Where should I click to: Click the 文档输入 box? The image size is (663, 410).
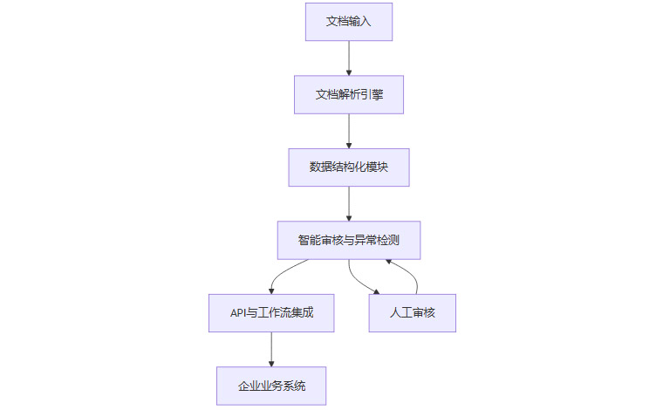click(349, 21)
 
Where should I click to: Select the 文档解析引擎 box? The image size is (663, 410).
click(349, 93)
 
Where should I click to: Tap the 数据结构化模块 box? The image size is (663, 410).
click(349, 167)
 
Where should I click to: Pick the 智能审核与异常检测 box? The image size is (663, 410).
click(349, 240)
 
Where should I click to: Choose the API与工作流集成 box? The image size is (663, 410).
click(271, 312)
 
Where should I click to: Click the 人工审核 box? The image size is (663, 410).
click(413, 312)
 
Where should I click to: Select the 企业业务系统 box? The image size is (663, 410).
click(271, 386)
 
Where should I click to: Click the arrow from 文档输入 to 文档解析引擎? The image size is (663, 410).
click(349, 57)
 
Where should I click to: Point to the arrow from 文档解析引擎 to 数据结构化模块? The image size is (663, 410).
click(349, 130)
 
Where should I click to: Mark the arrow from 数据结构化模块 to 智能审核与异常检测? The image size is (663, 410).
click(349, 203)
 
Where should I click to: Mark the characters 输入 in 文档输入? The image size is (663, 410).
click(360, 21)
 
